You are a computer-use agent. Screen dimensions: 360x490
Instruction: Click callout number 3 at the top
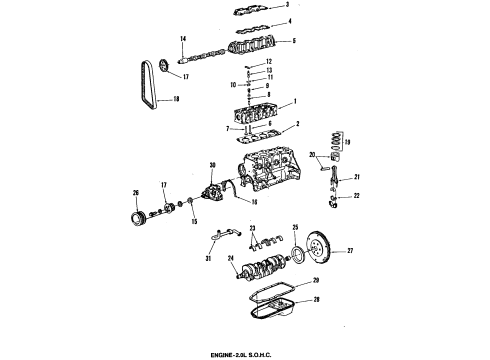pyautogui.click(x=287, y=6)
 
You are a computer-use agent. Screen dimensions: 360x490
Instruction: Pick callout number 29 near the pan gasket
pyautogui.click(x=315, y=281)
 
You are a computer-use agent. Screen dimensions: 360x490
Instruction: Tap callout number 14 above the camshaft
pyautogui.click(x=183, y=39)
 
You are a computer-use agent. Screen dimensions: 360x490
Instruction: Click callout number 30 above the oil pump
pyautogui.click(x=212, y=165)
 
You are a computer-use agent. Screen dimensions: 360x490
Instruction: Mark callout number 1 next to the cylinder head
pyautogui.click(x=295, y=103)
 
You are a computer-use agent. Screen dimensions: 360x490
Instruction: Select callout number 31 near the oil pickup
pyautogui.click(x=209, y=262)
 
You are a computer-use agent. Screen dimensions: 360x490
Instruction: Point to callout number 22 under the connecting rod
pyautogui.click(x=355, y=196)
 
